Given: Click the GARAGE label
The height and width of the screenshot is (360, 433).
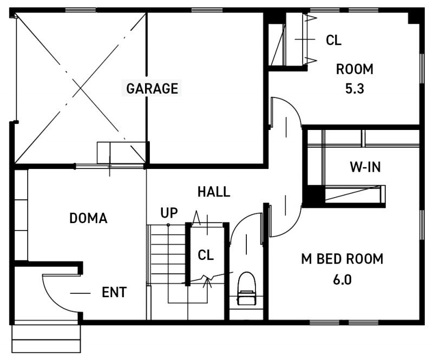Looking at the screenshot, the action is (x=152, y=88).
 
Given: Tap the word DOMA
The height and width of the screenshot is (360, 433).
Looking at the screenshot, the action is (x=88, y=218).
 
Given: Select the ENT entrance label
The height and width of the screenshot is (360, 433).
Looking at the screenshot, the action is (x=114, y=292).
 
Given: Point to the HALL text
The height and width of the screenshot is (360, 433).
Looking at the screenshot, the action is (x=214, y=192).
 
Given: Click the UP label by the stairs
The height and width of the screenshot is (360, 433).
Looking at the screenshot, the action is (x=169, y=213).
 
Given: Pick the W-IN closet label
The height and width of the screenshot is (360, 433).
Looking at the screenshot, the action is (x=365, y=167).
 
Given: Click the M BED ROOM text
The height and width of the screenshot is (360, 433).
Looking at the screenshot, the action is (x=342, y=259).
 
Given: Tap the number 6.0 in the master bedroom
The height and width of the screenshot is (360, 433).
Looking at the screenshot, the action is (x=343, y=280).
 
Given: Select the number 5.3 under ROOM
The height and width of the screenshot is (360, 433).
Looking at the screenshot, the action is (x=355, y=89).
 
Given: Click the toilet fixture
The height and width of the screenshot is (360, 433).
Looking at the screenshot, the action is (x=246, y=288).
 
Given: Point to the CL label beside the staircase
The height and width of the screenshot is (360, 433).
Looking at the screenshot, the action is (x=206, y=255).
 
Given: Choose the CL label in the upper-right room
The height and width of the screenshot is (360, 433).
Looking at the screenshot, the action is (x=333, y=40).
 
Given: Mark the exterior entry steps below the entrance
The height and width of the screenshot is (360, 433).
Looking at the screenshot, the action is (x=46, y=339).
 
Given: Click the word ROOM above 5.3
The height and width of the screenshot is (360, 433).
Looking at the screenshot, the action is (x=355, y=69).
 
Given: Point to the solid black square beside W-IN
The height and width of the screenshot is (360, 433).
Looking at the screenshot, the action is (x=314, y=195).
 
